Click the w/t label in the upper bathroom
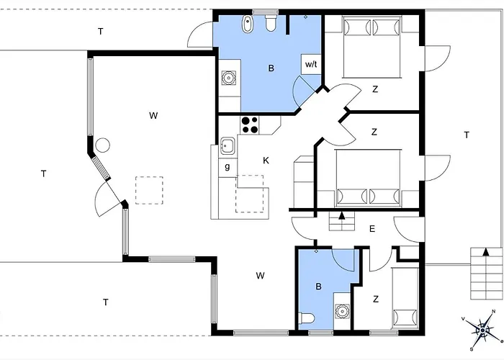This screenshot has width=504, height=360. click(x=311, y=64)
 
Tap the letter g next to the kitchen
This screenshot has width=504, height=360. click(x=227, y=167)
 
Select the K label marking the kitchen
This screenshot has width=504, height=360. click(x=266, y=160)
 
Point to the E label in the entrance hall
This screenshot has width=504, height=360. click(x=372, y=229)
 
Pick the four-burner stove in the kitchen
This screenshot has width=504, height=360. click(x=249, y=125)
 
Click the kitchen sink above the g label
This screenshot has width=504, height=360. click(x=228, y=147)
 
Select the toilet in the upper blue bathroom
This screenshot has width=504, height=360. click(x=271, y=24)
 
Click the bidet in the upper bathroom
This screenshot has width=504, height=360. click(x=247, y=24)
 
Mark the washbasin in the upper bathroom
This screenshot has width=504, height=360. click(x=229, y=76)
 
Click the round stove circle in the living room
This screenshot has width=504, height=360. click(x=103, y=145)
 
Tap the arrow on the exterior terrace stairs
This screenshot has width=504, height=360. click(x=487, y=252)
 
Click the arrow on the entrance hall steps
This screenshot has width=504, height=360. click(x=341, y=215)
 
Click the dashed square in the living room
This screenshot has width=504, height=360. click(x=150, y=190)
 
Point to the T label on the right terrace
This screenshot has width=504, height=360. click(x=466, y=135)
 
